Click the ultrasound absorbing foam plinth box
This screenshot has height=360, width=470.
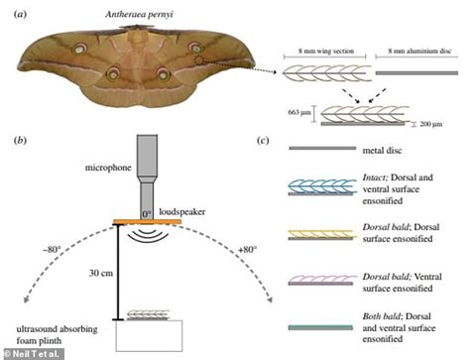(x=150, y=335)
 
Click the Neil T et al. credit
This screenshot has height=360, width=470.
(x=30, y=353)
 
